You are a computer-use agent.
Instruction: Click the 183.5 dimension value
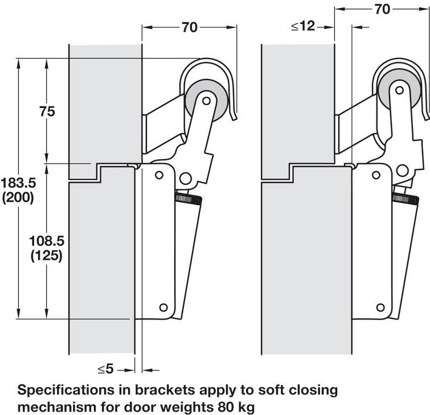(18, 184)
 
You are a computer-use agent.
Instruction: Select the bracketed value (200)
(18, 198)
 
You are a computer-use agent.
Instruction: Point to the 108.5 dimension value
(46, 241)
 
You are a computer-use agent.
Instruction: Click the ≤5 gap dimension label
(106, 370)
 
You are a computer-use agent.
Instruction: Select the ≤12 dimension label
(302, 26)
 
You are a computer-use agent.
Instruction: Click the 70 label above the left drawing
(189, 27)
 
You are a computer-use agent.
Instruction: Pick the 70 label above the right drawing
(383, 9)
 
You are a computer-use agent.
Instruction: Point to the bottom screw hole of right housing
(379, 308)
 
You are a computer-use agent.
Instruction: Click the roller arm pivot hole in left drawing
(206, 101)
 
